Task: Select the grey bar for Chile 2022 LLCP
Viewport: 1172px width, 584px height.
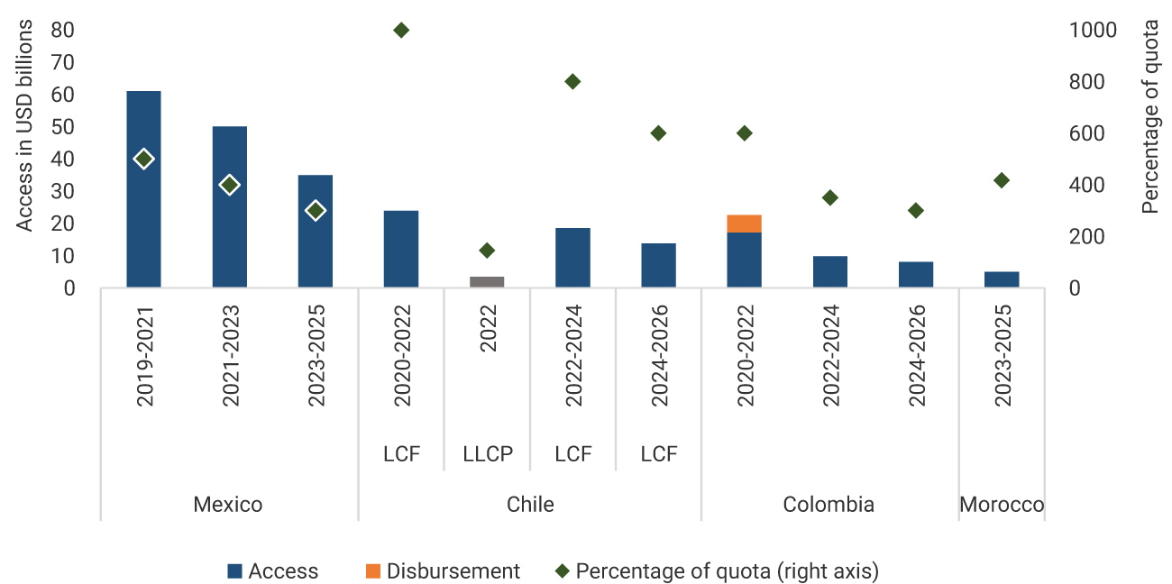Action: tap(487, 282)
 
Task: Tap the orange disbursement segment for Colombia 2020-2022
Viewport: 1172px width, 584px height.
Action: tap(744, 224)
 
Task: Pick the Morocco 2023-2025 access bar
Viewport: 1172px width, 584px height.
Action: tap(1002, 279)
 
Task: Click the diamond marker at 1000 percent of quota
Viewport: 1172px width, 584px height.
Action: tap(401, 30)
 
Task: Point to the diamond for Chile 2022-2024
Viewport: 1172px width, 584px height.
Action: tap(572, 82)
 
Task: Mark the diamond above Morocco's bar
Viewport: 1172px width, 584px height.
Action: tap(1002, 180)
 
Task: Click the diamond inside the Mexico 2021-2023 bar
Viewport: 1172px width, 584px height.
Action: tap(229, 185)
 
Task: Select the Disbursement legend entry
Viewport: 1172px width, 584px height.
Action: tap(443, 570)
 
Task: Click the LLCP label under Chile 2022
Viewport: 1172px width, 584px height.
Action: tap(487, 454)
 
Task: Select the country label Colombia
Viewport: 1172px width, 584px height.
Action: tap(829, 504)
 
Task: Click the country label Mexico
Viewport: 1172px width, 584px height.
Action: tap(228, 504)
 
